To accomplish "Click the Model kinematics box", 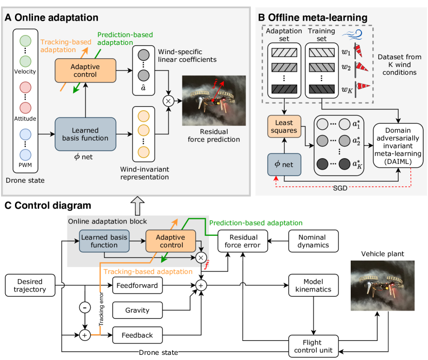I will coord(313,284).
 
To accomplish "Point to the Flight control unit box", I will coord(313,345).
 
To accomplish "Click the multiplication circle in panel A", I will coord(168,101).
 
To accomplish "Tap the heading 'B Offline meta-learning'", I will coord(312,18).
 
